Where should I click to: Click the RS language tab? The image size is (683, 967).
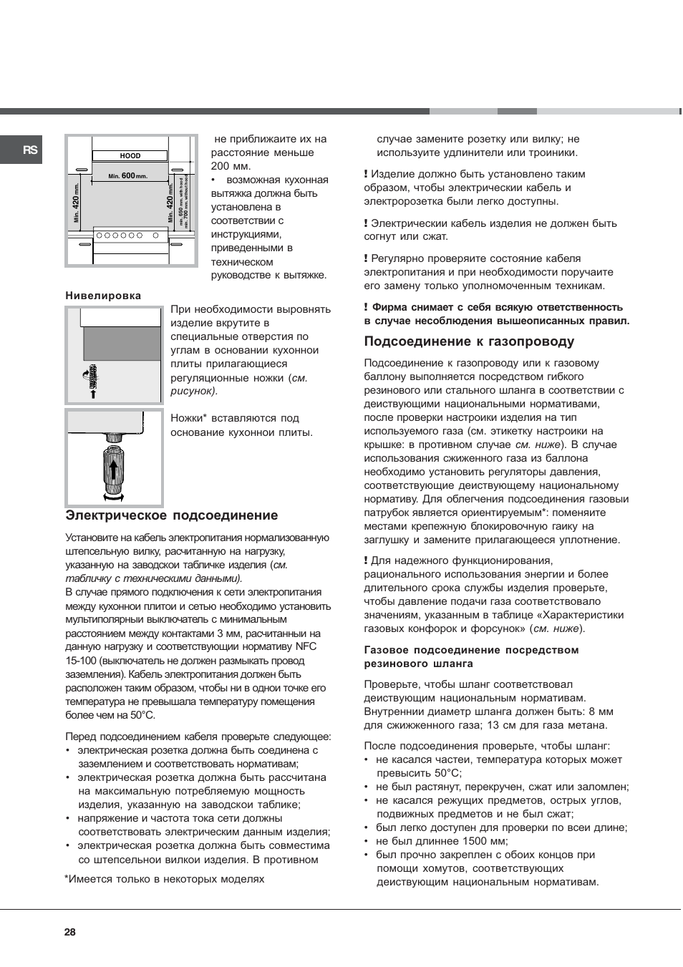(29, 150)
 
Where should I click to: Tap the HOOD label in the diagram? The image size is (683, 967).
(130, 155)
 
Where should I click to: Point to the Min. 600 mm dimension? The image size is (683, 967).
(128, 175)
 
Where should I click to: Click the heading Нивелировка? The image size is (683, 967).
(103, 296)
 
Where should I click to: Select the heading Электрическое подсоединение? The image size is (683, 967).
(172, 515)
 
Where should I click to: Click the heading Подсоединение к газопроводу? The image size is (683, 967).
(469, 341)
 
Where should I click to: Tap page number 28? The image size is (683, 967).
(69, 932)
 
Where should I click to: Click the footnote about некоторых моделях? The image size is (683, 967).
(165, 879)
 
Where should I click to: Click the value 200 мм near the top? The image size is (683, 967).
(230, 166)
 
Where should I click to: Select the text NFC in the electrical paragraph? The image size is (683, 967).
(306, 646)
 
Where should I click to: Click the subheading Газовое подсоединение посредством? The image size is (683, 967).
(471, 650)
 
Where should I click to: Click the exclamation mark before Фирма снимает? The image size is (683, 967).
(366, 307)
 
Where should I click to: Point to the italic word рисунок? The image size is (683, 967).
(192, 391)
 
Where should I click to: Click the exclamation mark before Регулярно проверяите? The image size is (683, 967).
(366, 258)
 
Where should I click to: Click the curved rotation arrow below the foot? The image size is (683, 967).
(113, 496)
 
